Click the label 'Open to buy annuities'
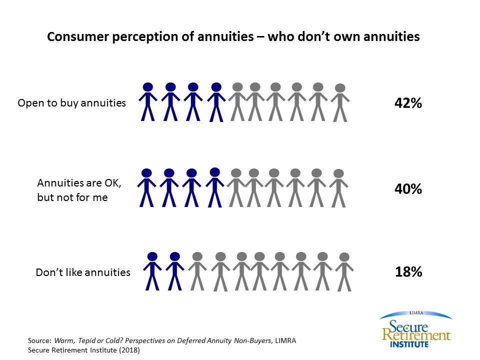(x=71, y=103)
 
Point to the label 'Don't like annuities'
(x=83, y=272)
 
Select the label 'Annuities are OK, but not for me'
(x=79, y=190)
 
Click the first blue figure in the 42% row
(x=147, y=101)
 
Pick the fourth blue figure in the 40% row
(x=214, y=187)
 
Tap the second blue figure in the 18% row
(x=174, y=271)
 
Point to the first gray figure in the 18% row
(x=197, y=271)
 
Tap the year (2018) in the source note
(x=128, y=350)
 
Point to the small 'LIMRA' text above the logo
(x=416, y=312)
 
